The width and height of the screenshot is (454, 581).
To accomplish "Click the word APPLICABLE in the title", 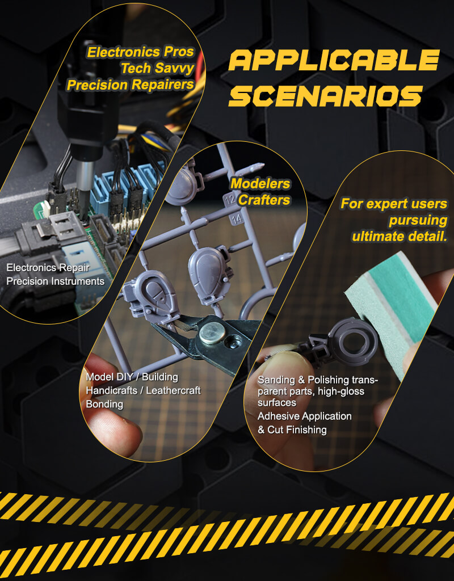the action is (334, 60).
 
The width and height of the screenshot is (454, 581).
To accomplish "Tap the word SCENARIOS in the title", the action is (326, 96).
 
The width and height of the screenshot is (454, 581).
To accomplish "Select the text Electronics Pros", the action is (141, 52).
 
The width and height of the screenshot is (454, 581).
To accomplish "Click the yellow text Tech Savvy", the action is (158, 68).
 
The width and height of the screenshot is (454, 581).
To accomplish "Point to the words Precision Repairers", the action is (131, 85).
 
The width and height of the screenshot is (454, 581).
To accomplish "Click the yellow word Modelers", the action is (260, 183).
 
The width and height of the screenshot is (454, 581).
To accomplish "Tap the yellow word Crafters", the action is (264, 200).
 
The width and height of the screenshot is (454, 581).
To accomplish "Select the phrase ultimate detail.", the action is (400, 237).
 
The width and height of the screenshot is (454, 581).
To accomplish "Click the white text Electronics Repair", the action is (48, 268).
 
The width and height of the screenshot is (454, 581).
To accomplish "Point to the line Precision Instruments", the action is (56, 281).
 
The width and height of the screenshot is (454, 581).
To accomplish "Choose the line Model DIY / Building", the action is (132, 377).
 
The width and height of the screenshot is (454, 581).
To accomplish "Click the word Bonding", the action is (104, 404).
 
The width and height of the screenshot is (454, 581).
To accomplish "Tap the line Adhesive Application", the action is (305, 416).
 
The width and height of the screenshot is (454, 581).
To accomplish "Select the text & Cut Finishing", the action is (292, 430).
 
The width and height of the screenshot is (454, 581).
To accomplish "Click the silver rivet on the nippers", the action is (212, 332).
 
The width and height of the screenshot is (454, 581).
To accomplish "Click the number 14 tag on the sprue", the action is (237, 218).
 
